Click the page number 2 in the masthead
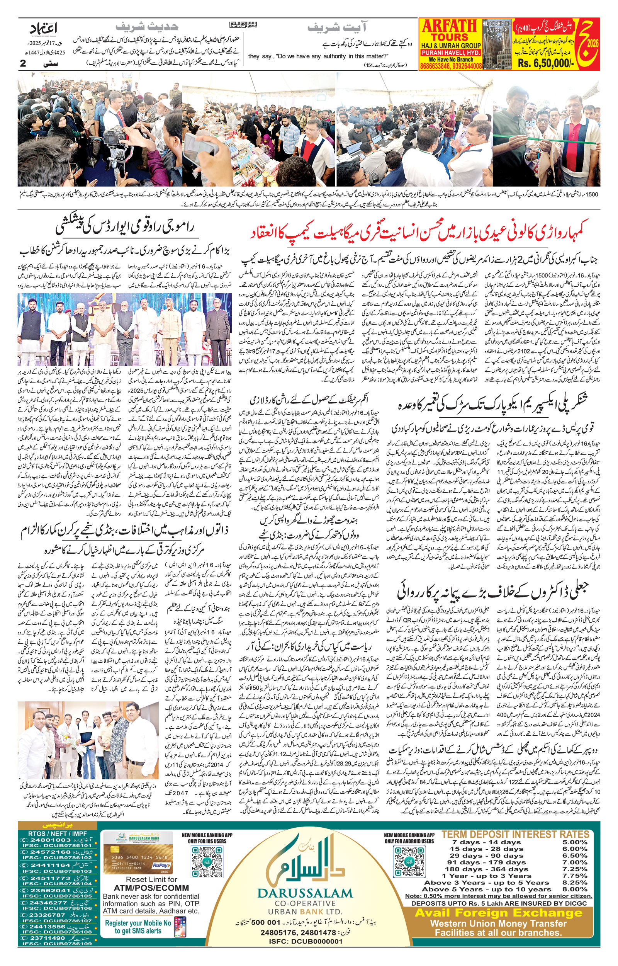(23, 63)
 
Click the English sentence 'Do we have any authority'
(318, 56)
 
